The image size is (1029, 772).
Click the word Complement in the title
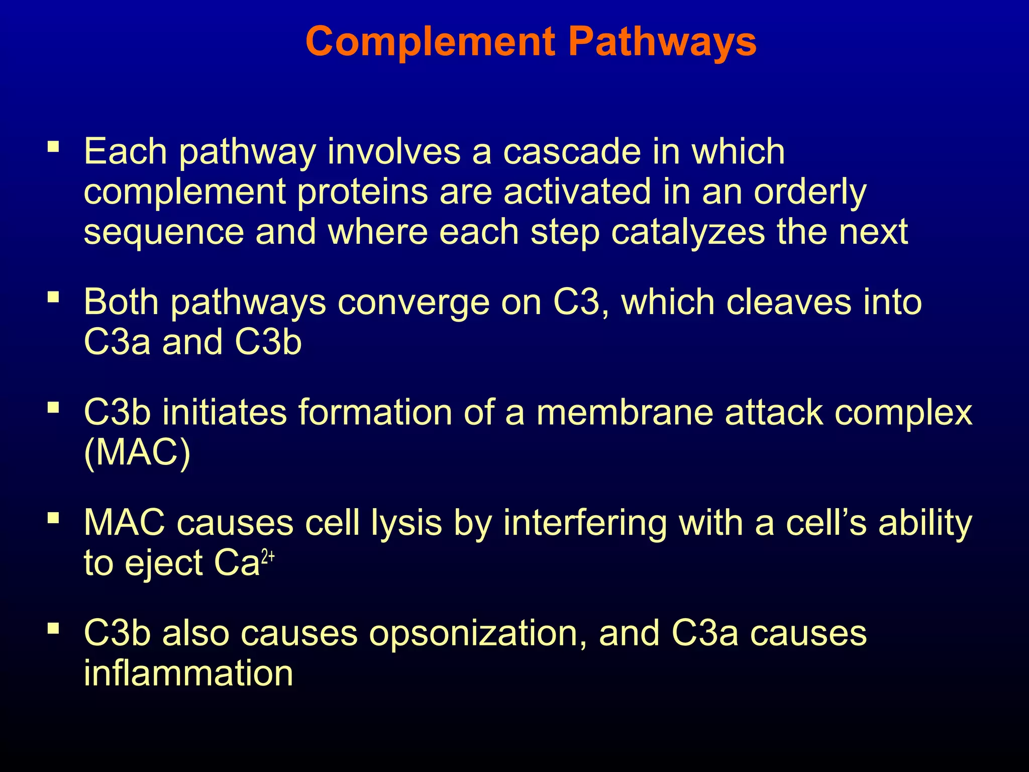[x=430, y=42]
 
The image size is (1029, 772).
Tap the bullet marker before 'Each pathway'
[x=53, y=147]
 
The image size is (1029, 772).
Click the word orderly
[x=810, y=192]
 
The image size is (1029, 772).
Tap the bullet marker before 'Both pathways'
[x=53, y=297]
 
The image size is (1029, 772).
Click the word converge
[x=413, y=303]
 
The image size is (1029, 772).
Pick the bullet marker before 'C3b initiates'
[x=53, y=407]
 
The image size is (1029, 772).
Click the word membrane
[x=624, y=413]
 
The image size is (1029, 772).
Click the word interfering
[x=585, y=523]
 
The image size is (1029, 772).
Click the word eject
[x=163, y=563]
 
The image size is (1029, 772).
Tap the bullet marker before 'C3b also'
[x=53, y=628]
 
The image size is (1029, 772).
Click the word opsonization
[x=477, y=634]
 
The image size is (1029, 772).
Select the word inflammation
[x=188, y=673]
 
